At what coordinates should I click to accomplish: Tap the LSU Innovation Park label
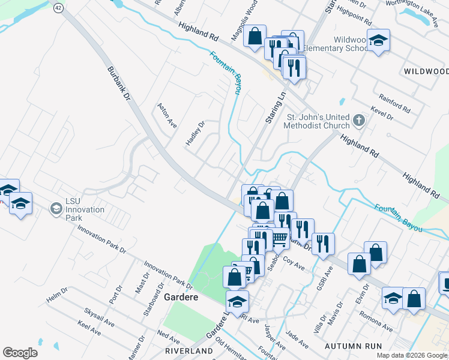coord(84,209)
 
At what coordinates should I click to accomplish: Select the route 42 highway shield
coord(58,7)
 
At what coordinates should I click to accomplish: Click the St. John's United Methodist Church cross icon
coord(358,121)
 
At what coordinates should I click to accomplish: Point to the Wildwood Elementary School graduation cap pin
coord(378,40)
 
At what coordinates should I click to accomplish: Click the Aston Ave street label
coord(167,115)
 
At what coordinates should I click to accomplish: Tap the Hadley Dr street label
coord(196,133)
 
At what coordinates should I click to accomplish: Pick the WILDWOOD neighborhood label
coord(426,71)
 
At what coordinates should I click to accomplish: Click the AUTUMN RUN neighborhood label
coord(353,346)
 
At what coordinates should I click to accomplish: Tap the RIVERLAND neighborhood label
coord(190,350)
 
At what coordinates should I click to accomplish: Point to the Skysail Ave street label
coord(99,314)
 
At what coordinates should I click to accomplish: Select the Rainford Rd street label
coord(394,102)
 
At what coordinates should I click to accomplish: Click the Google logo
coord(20,353)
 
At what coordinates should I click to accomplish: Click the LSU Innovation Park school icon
coord(56,209)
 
